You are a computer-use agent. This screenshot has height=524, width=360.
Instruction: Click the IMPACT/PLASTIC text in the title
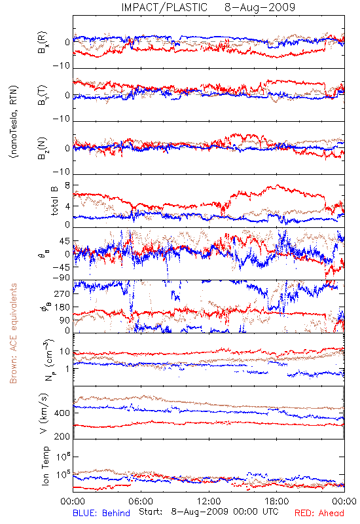point(164,7)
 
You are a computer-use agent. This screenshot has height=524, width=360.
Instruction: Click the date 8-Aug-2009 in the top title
point(260,7)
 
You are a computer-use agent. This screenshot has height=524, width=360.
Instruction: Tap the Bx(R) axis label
point(42,43)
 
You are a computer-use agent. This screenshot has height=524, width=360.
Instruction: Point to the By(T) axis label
point(42,95)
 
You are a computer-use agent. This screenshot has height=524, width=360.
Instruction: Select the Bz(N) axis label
point(42,148)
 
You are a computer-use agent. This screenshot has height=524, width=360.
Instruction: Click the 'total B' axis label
point(54,201)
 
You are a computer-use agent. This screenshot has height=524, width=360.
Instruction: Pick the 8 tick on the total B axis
point(67,186)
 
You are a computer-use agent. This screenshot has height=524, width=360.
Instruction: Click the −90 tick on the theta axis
point(62,277)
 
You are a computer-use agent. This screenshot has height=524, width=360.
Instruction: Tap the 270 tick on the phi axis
point(62,293)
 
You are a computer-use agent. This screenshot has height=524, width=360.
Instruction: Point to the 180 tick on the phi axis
point(62,307)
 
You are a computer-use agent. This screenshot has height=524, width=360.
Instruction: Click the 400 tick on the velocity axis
point(62,413)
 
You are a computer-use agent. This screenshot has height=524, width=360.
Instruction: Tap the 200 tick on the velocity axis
point(62,436)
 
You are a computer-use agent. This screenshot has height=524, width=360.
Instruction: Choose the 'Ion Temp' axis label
point(45,466)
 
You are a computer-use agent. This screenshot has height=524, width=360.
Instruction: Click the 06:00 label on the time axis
point(141,501)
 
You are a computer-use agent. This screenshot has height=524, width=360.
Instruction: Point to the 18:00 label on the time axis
point(277,501)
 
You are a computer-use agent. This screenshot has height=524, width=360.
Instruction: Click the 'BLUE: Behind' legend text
point(101,513)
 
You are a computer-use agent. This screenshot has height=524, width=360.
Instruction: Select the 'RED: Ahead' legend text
point(319,513)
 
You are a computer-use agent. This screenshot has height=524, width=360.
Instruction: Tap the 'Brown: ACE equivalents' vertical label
point(13,333)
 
